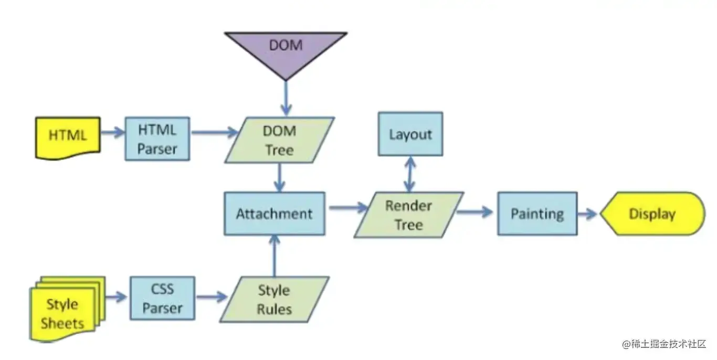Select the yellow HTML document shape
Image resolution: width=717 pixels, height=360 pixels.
click(68, 136)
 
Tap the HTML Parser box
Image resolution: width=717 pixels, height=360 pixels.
click(157, 139)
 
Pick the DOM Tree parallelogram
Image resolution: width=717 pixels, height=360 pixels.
click(280, 140)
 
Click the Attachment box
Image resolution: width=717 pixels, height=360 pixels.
click(274, 214)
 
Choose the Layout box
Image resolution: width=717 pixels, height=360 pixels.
click(410, 134)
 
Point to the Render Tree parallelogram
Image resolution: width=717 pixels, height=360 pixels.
click(408, 215)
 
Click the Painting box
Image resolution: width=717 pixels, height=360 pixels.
click(537, 214)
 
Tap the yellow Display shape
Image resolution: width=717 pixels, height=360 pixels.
click(652, 214)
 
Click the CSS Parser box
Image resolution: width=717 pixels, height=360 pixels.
click(162, 299)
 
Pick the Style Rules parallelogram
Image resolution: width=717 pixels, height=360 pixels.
click(274, 299)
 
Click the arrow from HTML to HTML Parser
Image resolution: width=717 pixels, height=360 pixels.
click(112, 133)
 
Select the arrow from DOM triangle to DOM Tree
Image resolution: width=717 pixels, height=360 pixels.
click(286, 98)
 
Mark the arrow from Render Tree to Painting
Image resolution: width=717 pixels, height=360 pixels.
click(475, 212)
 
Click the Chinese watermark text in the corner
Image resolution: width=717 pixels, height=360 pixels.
click(664, 344)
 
